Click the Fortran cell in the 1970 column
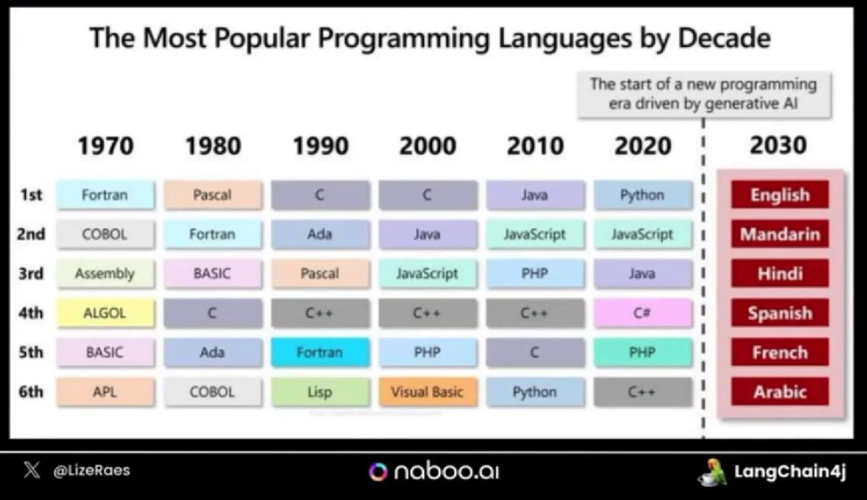[105, 195]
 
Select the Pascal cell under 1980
[213, 195]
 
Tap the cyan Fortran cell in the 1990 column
[319, 352]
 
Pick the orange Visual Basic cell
[427, 392]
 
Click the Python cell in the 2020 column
[642, 195]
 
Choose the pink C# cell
[642, 313]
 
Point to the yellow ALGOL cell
[105, 313]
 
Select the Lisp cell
[319, 392]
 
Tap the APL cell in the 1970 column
[105, 392]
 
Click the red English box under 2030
[780, 195]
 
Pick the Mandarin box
[780, 234]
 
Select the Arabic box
[780, 392]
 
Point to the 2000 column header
[427, 145]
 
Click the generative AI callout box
[703, 94]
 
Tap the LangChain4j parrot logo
[710, 472]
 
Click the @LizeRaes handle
[91, 470]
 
